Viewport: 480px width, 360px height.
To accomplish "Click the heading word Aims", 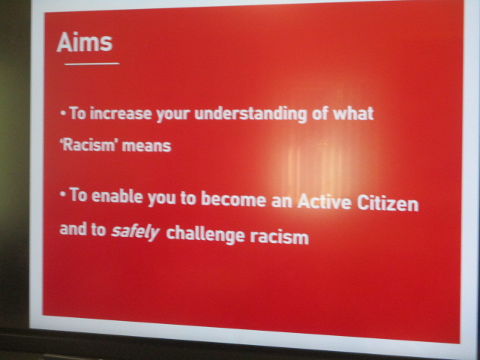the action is pyautogui.click(x=85, y=42).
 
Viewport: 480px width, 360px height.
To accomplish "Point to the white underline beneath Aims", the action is pyautogui.click(x=91, y=64).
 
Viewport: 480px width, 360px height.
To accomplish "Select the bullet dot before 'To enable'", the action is pyautogui.click(x=63, y=194).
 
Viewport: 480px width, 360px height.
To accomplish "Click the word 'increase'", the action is pyautogui.click(x=121, y=113).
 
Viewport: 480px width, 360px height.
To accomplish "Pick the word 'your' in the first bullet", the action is pyautogui.click(x=173, y=115).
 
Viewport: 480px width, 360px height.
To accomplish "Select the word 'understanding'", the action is pyautogui.click(x=250, y=114).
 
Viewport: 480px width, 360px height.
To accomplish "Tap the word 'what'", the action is pyautogui.click(x=353, y=113).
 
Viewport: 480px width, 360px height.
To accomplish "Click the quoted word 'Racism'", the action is pyautogui.click(x=88, y=145).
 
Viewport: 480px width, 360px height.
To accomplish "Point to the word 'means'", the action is pyautogui.click(x=147, y=146).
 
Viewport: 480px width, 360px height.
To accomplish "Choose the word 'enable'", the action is pyautogui.click(x=117, y=196).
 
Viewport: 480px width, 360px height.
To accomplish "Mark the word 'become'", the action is pyautogui.click(x=233, y=199).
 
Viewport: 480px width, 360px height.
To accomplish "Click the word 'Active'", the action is pyautogui.click(x=324, y=202).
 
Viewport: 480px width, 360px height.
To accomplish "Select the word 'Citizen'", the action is pyautogui.click(x=388, y=202).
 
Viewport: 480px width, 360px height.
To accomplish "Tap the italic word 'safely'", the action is pyautogui.click(x=136, y=232).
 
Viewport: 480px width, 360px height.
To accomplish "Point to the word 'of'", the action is pyautogui.click(x=320, y=113).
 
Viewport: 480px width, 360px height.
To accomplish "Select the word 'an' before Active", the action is pyautogui.click(x=282, y=201).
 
